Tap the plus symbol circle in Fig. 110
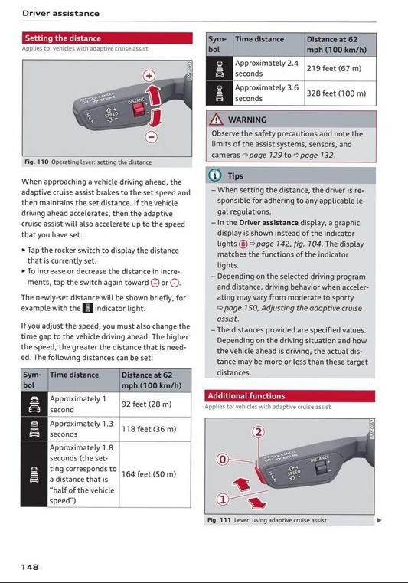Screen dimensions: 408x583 [149, 76]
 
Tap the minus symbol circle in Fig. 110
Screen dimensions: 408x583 [151, 137]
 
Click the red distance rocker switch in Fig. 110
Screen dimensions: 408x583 [139, 110]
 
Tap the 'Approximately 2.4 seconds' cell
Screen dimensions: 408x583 [269, 69]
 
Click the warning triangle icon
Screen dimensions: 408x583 [217, 120]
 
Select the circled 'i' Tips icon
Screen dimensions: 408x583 [215, 175]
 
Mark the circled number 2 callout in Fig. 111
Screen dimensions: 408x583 [259, 432]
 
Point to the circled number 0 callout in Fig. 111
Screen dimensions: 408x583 [223, 460]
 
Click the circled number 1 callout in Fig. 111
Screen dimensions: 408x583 [223, 499]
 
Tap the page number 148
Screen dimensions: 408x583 [30, 567]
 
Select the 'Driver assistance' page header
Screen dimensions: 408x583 [60, 14]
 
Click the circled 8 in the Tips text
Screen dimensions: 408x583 [243, 244]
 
